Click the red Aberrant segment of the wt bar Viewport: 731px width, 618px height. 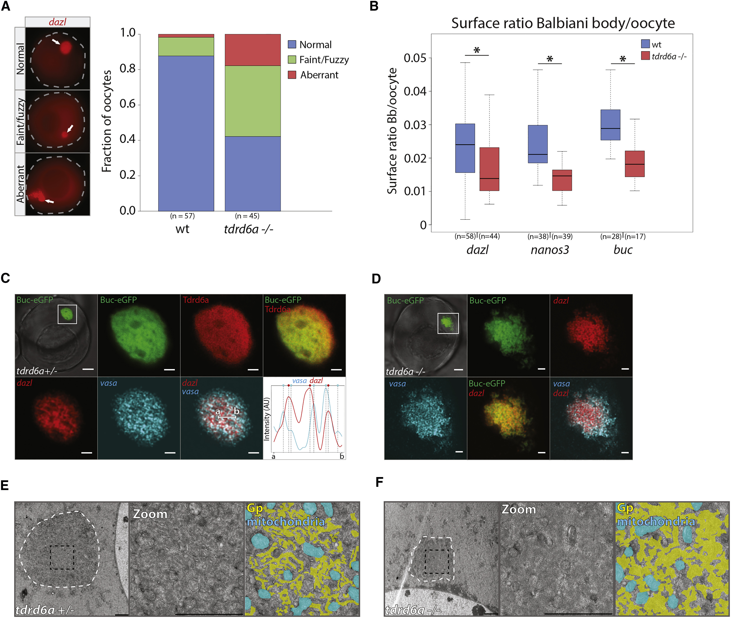coord(186,36)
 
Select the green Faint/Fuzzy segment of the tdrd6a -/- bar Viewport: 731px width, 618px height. coord(253,101)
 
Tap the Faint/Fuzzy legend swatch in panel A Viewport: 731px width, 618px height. coord(292,60)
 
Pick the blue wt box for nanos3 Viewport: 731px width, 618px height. coord(538,144)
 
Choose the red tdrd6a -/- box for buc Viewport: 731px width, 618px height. coord(635,164)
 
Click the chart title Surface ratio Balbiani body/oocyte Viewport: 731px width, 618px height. coord(563,23)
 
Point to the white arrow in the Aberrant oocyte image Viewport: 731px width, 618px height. coord(50,201)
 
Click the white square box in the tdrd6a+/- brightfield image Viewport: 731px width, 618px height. coord(67,314)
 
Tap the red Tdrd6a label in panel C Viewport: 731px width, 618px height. coord(195,300)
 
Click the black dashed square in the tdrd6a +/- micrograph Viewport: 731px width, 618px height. coord(62,557)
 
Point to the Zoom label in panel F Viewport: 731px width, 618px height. coord(519,509)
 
